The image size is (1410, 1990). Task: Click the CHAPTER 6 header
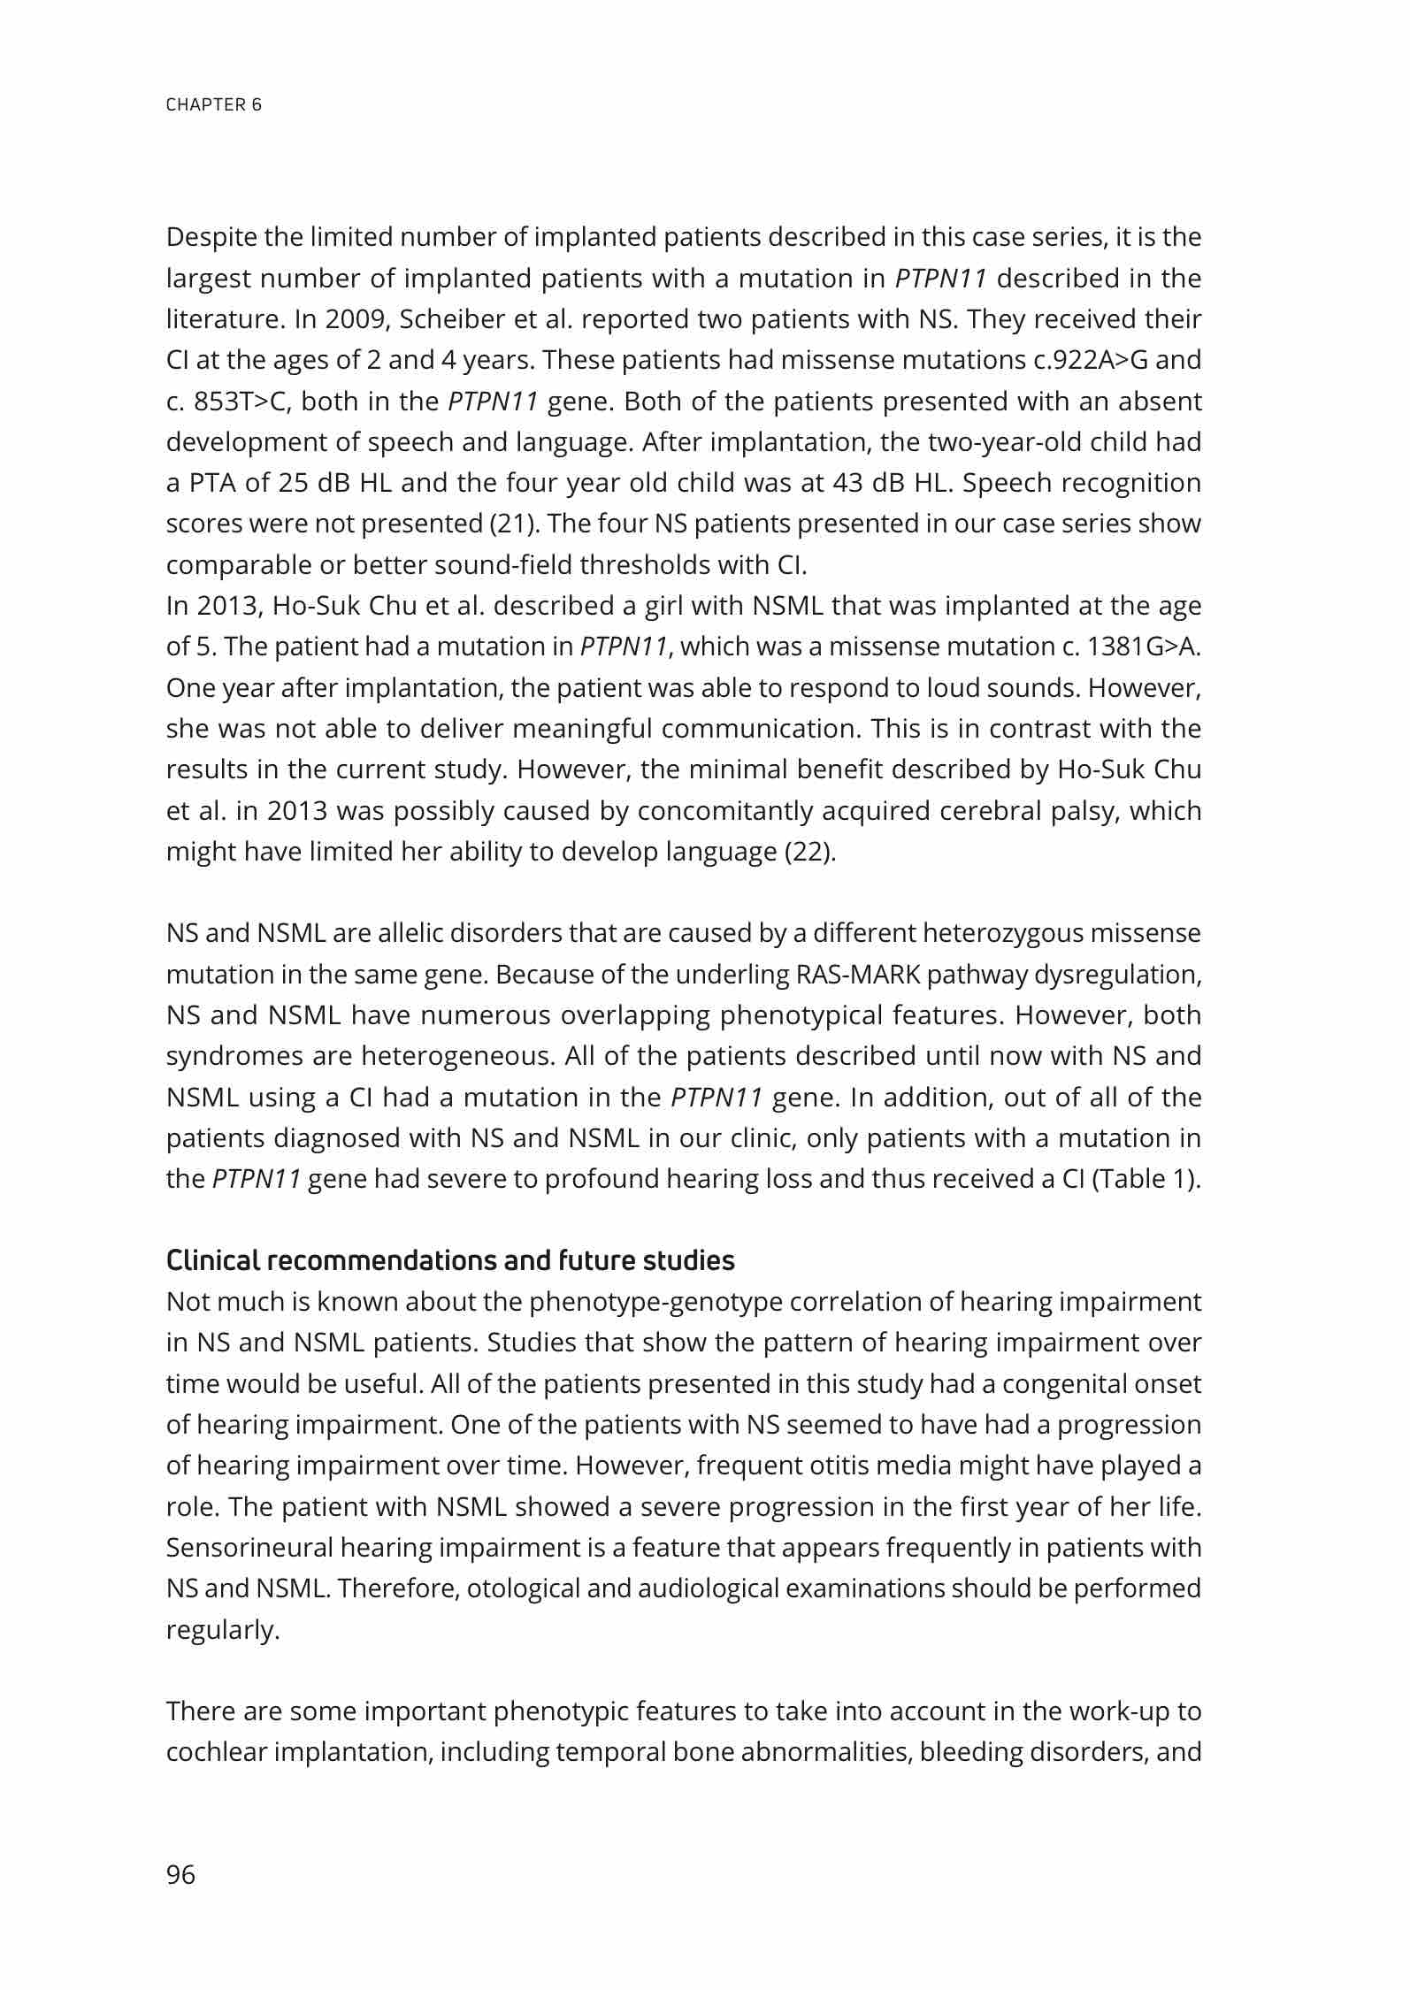pyautogui.click(x=214, y=105)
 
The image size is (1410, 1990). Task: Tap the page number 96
pyautogui.click(x=180, y=1874)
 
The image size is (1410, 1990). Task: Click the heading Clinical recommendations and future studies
pyautogui.click(x=450, y=1260)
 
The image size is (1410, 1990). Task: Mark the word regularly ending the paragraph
pyautogui.click(x=222, y=1629)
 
